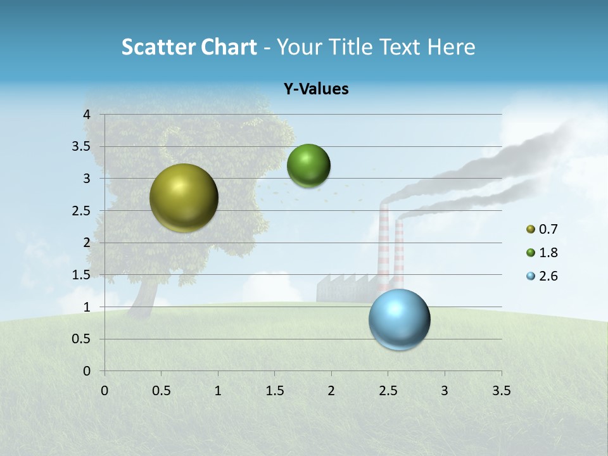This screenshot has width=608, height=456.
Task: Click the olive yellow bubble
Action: [x=184, y=198]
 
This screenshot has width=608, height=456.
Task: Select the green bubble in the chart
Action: [x=308, y=166]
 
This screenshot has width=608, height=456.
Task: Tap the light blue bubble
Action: [x=399, y=319]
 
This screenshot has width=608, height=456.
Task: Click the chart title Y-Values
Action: [x=316, y=89]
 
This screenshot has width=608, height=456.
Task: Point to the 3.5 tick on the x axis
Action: [x=500, y=390]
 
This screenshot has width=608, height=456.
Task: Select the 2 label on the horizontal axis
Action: [x=331, y=390]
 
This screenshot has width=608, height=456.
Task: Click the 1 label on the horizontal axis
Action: [x=218, y=390]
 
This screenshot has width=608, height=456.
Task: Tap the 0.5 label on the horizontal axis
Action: [x=161, y=390]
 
